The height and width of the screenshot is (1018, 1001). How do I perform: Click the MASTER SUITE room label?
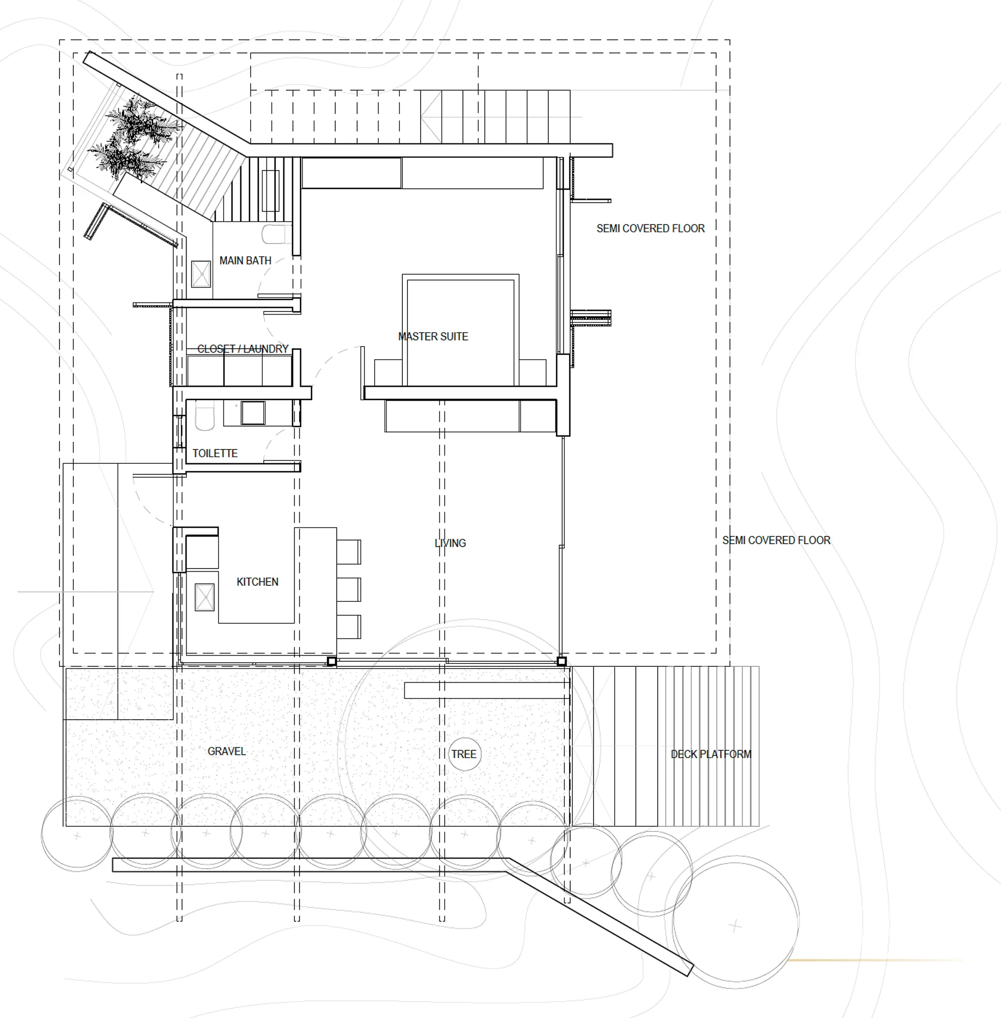coord(433,336)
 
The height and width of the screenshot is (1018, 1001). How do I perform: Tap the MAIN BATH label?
coord(245,261)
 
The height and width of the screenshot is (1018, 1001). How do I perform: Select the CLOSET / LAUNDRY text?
coord(243,349)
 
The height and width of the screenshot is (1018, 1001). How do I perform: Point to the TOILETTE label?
coord(215,453)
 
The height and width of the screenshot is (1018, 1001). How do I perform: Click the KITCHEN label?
coord(257,582)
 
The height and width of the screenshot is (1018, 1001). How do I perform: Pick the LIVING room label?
coord(450,543)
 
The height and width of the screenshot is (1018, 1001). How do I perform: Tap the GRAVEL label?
coord(226,751)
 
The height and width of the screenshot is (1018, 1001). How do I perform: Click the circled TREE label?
coord(464,754)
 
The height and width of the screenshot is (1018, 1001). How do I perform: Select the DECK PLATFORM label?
coord(711,754)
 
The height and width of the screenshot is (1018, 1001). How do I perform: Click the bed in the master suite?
coord(460,330)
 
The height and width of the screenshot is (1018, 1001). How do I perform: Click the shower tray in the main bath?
coord(201,274)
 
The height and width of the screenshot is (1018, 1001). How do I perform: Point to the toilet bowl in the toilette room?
coord(204,416)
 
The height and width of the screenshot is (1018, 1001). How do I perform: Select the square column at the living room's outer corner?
coord(562,661)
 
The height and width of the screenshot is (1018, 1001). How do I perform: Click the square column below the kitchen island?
coord(332,661)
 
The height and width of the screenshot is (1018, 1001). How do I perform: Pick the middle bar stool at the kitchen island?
coord(348,589)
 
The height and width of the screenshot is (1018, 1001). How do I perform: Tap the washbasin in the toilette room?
coord(253,413)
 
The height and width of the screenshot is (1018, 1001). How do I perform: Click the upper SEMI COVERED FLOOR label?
coord(651,229)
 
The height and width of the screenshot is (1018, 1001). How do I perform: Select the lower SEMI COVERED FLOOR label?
coord(776,540)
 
